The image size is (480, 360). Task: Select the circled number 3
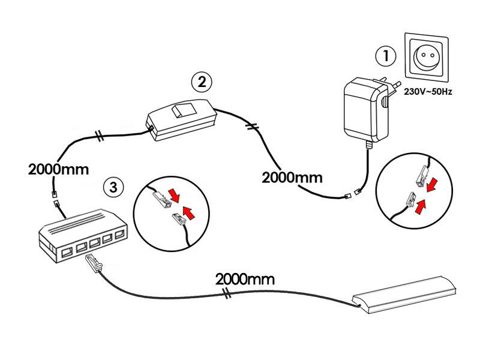[113, 187]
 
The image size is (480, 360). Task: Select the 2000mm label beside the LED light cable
[245, 279]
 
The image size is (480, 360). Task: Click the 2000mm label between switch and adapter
[292, 177]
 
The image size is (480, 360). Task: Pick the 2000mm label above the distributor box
[58, 169]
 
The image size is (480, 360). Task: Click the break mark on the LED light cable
[227, 293]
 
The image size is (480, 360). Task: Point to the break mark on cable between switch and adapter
[253, 127]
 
